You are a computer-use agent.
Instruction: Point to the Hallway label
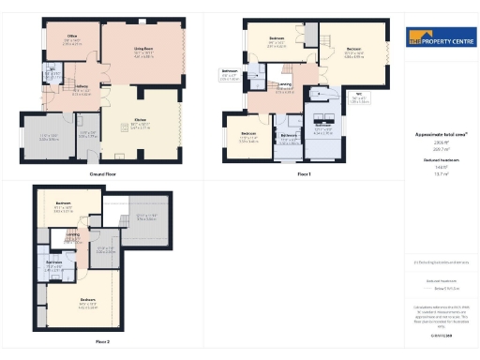tap(81, 90)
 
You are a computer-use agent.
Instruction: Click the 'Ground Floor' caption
tap(102, 174)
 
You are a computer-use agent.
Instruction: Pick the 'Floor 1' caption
tap(303, 174)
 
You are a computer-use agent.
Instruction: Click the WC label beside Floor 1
tap(358, 95)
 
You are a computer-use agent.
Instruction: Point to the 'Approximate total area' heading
tap(440, 135)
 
